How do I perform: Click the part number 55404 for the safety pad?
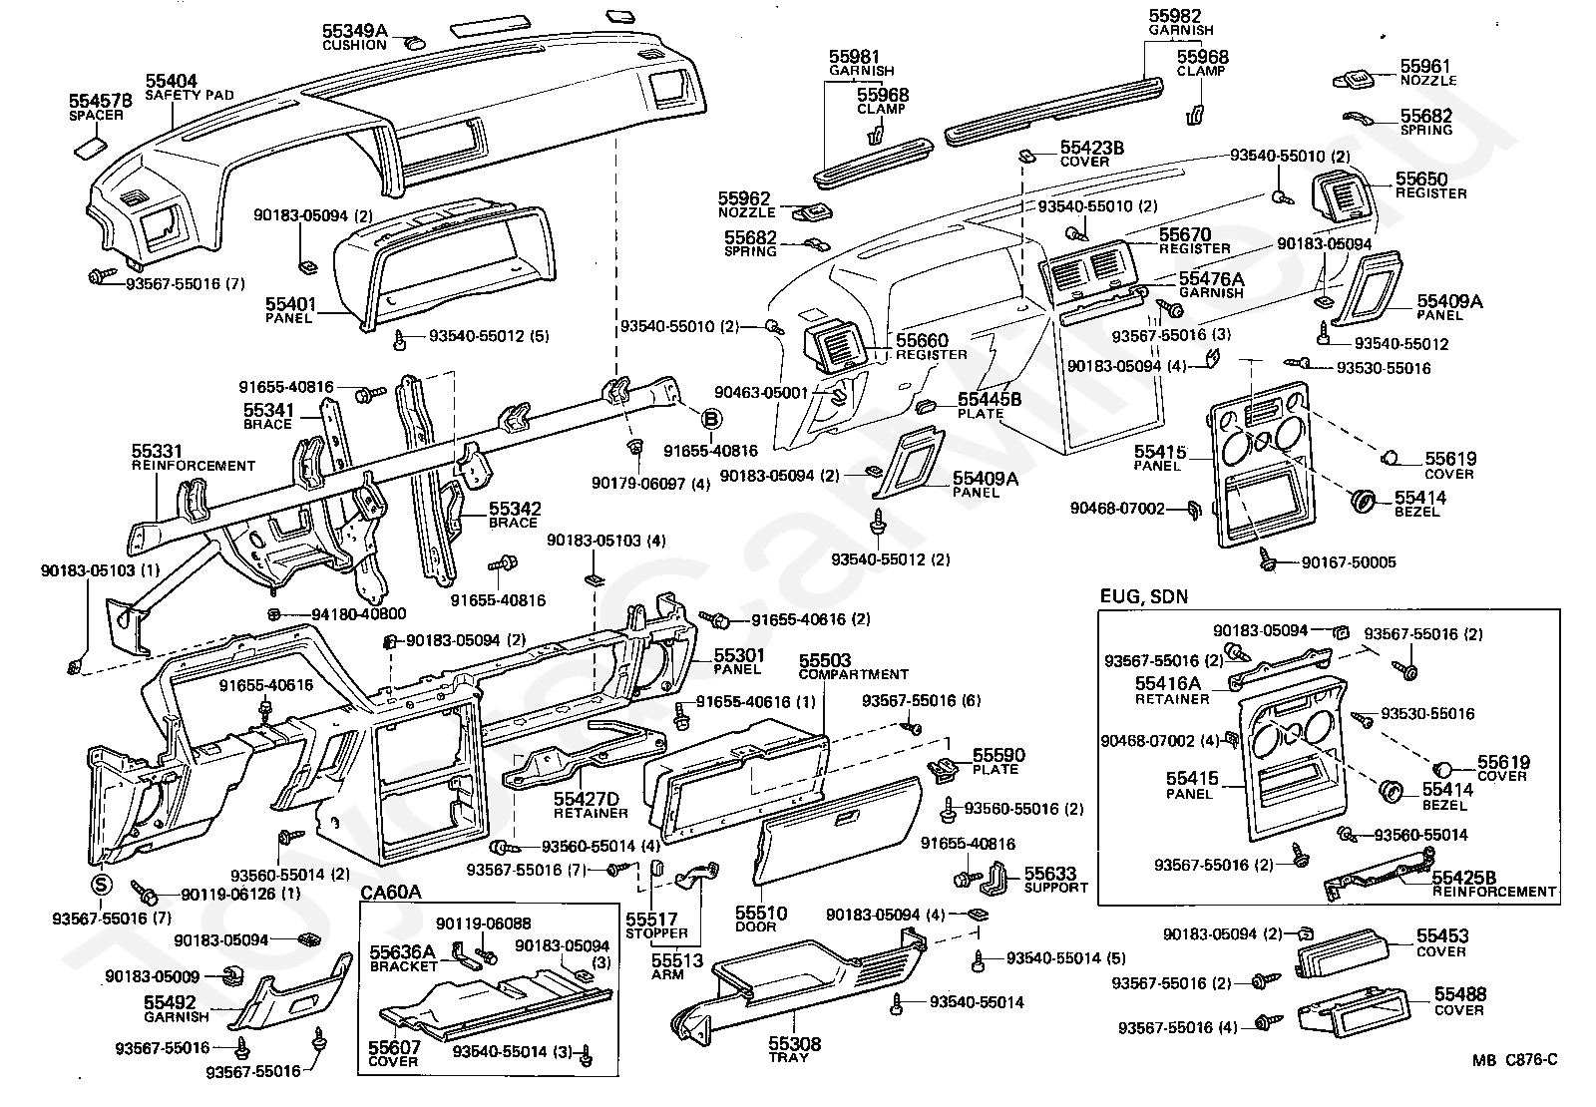click(x=172, y=81)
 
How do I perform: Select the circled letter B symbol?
click(x=712, y=421)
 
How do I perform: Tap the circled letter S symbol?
click(x=101, y=884)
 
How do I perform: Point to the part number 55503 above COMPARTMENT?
click(x=825, y=660)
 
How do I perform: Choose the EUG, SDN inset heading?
click(x=1144, y=597)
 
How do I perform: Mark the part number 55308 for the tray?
click(x=794, y=1043)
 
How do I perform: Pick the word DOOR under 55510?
click(x=761, y=926)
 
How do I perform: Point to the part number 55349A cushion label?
click(x=354, y=31)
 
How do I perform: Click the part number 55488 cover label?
click(x=1459, y=994)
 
